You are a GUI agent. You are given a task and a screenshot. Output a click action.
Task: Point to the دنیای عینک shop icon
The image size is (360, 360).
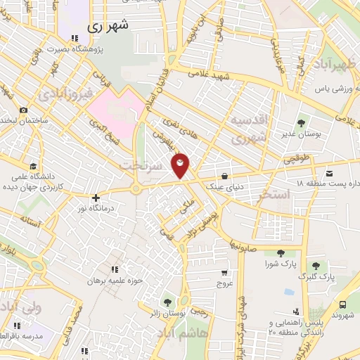click(x=224, y=176)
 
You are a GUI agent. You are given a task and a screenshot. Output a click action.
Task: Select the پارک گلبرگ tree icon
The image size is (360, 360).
click(x=316, y=265)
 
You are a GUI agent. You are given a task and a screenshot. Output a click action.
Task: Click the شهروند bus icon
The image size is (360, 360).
click(x=342, y=304)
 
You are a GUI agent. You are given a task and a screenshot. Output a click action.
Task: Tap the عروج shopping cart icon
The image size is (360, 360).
click(x=224, y=273)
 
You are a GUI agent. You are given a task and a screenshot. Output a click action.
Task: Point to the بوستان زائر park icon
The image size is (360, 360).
click(x=167, y=302)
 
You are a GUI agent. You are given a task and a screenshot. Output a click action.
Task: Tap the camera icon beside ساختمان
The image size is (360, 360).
click(x=23, y=110)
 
